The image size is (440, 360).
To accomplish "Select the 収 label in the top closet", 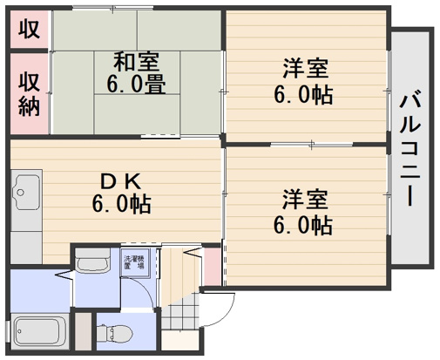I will (x=29, y=29).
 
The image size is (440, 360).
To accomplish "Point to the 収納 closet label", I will (x=29, y=93).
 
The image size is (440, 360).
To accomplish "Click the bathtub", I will (x=40, y=333).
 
